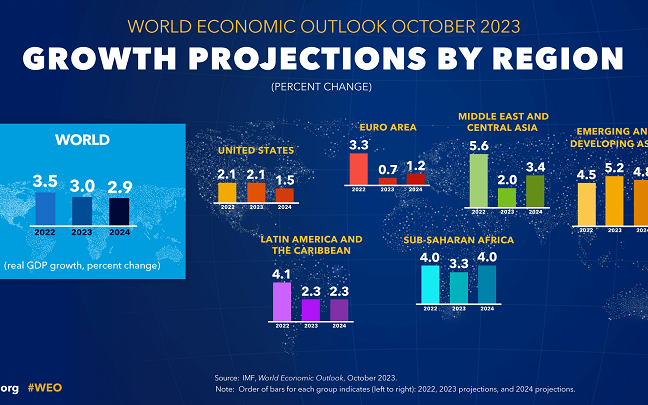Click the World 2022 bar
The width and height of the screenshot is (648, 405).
(x=45, y=209)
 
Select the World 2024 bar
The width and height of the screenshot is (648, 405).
(x=119, y=212)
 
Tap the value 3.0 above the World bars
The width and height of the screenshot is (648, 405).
(x=82, y=185)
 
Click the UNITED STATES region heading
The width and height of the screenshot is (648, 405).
(x=256, y=151)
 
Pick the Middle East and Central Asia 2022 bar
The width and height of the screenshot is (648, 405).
(x=479, y=179)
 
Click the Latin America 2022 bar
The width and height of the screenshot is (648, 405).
(x=282, y=301)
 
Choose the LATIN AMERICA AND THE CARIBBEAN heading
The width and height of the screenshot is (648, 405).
(x=311, y=245)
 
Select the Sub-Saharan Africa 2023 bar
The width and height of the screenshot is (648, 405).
(x=458, y=287)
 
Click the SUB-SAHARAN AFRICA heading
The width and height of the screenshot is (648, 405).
(x=458, y=240)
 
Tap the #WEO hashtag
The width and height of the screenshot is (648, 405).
(x=47, y=387)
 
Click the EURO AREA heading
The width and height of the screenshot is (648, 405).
(x=388, y=127)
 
